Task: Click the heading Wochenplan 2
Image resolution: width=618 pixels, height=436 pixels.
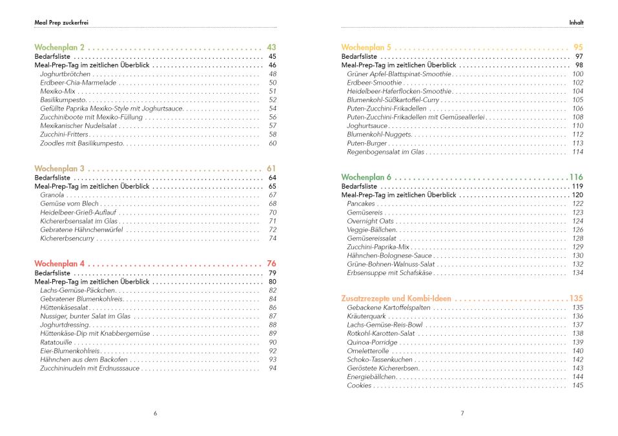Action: coord(59,48)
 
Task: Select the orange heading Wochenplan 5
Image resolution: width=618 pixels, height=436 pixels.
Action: coord(366,48)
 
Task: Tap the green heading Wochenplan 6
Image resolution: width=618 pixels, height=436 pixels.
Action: coord(366,177)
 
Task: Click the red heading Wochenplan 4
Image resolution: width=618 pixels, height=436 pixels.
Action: coord(59,264)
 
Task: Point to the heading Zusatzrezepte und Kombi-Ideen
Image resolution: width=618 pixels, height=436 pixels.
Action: coord(397,298)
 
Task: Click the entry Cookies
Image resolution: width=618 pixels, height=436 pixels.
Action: coord(359,386)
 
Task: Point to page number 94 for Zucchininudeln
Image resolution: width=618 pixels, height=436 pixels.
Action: coord(273,368)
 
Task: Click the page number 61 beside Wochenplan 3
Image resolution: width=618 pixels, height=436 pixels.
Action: coord(271,169)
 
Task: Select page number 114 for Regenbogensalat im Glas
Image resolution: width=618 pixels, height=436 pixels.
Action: coord(577,152)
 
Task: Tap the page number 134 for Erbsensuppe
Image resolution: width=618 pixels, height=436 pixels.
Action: coord(577,273)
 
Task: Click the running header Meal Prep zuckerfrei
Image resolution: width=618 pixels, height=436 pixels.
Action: coord(61,22)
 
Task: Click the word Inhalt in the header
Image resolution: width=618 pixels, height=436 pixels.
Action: coord(576,22)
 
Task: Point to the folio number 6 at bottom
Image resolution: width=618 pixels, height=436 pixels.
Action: coord(155,413)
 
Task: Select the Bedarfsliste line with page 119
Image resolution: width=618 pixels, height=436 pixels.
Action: coord(359,186)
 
